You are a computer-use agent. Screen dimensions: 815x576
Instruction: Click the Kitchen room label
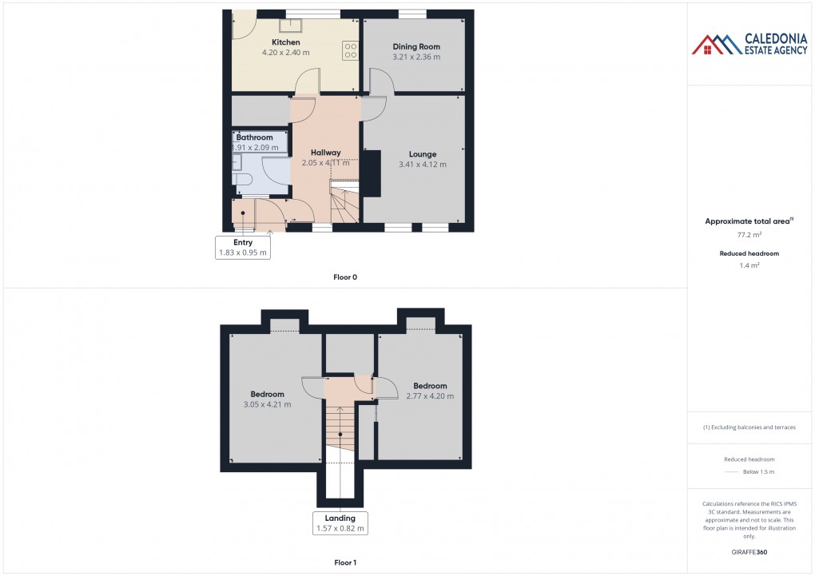coord(286,42)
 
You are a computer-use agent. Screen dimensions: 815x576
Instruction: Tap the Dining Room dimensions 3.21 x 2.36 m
coord(416,57)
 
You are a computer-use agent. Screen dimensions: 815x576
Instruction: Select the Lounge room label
coord(423,154)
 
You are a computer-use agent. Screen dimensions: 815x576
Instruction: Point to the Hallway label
coord(326,153)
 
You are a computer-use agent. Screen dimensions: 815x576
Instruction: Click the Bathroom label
coord(254,137)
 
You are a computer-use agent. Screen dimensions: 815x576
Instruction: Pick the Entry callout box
coord(243,248)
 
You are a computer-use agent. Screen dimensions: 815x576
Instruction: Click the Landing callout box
coord(340,523)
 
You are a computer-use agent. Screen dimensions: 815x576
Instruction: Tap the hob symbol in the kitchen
coord(350,50)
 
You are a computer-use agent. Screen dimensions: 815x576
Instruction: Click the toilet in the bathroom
coord(242,180)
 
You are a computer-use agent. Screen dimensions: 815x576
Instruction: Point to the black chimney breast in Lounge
coord(372,173)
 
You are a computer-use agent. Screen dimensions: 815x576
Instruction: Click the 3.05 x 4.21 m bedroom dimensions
coord(267,404)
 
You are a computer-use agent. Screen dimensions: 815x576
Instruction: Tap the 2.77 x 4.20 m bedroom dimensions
coord(430,396)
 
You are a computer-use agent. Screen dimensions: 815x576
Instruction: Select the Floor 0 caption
coord(345,277)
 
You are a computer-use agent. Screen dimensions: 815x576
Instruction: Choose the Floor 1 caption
coord(345,562)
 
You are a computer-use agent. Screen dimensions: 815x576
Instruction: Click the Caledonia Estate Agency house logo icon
coord(717,45)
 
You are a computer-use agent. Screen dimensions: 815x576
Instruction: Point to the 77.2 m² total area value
coord(749,235)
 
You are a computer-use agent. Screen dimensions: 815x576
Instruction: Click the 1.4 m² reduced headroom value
coord(749,266)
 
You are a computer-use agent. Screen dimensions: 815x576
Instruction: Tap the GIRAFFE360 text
coord(749,552)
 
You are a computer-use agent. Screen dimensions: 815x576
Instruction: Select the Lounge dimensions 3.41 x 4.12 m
coord(423,165)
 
